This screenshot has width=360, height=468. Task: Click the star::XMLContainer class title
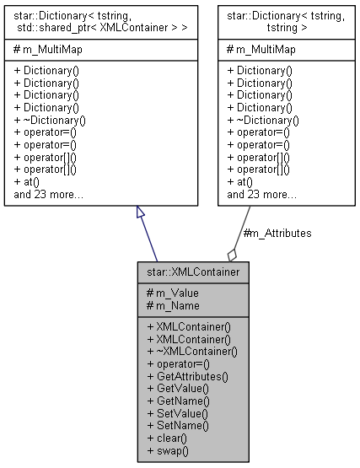tap(192, 273)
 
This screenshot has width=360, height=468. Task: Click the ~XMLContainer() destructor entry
tap(191, 351)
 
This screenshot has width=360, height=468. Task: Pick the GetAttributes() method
tap(186, 376)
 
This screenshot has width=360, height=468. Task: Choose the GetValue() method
tap(176, 389)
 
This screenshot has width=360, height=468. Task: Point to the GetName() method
tap(177, 401)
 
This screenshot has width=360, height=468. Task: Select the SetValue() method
tap(175, 414)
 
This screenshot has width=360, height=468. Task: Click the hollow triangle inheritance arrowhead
tap(141, 214)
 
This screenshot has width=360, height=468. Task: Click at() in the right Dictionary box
tap(239, 182)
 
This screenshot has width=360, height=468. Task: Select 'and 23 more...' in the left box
tap(49, 195)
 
